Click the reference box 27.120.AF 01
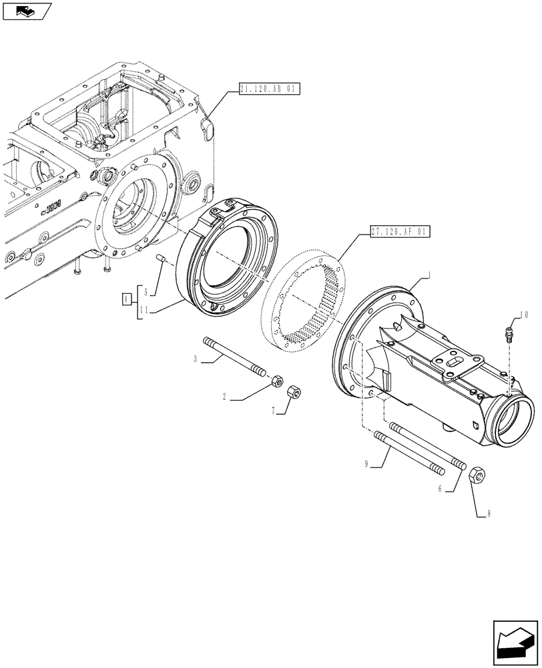399,232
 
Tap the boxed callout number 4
126,299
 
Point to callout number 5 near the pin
146,291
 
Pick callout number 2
225,397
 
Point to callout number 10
523,313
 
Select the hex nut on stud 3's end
275,381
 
